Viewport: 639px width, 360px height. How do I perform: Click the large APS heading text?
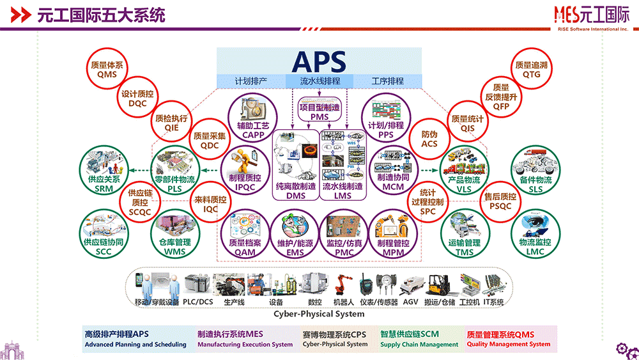coord(319,61)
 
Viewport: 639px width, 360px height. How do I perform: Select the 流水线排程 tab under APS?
coord(320,81)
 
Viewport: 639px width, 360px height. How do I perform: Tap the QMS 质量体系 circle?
coord(107,70)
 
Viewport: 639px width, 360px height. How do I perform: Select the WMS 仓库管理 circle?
coord(174,234)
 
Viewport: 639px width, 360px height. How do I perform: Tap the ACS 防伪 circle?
coord(429,139)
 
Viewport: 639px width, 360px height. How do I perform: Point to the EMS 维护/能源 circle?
coord(295,234)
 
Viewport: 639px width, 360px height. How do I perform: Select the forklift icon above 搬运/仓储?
coord(440,285)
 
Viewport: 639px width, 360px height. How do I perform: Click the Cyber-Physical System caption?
coord(319,314)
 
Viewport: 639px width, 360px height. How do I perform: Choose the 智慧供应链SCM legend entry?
coord(419,339)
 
